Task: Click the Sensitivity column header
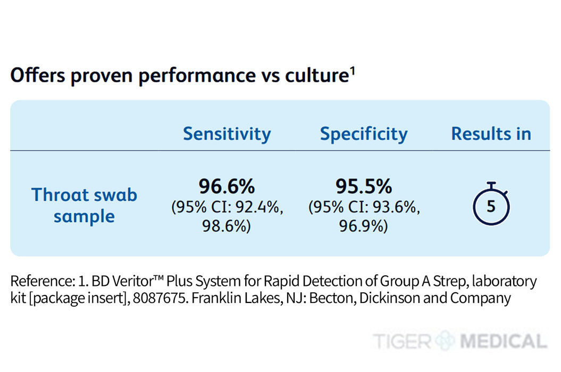(x=227, y=134)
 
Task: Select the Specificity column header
(x=364, y=134)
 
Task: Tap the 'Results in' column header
(x=491, y=134)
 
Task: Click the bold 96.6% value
(x=227, y=187)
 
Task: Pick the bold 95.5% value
(x=364, y=187)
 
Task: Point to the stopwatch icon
(x=491, y=204)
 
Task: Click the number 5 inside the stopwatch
(x=491, y=206)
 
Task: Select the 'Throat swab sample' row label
(x=84, y=205)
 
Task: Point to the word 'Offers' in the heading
(x=37, y=76)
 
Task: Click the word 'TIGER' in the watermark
(x=402, y=341)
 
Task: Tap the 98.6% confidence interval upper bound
(x=227, y=226)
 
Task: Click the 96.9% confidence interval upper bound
(x=364, y=226)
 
